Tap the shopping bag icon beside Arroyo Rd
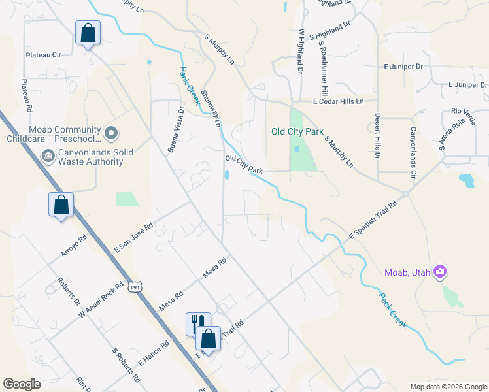[x=61, y=204]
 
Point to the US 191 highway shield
[x=135, y=286]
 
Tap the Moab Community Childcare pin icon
[x=111, y=134]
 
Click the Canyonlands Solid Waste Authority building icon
[x=48, y=156]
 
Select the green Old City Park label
[x=297, y=131]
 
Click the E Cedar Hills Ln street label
[x=346, y=101]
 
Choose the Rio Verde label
[x=456, y=112]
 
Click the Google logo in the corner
[x=22, y=384]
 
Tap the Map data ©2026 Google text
[x=448, y=387]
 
